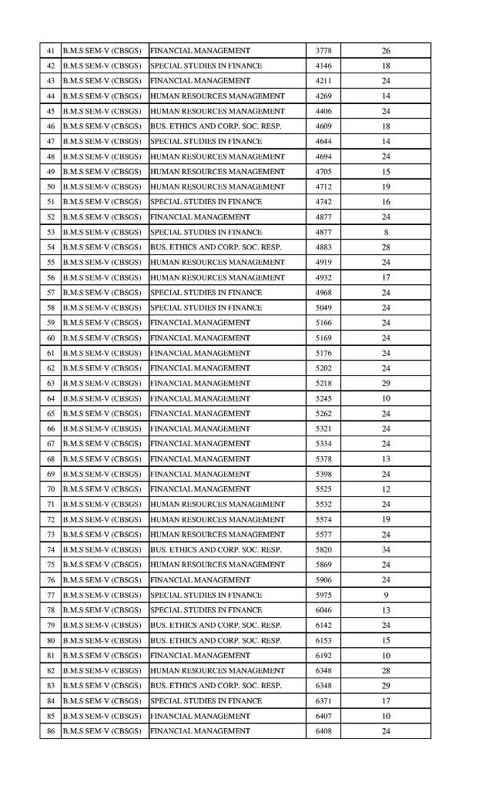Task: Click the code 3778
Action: click(323, 51)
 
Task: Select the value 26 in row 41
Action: click(386, 51)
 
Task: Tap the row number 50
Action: click(51, 186)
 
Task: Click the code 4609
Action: click(323, 126)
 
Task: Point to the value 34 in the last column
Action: click(386, 549)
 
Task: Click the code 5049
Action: click(323, 307)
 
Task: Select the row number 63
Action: click(51, 383)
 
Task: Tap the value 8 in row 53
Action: click(386, 232)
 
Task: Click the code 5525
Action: click(323, 489)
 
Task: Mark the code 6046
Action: click(323, 610)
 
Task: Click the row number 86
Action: click(51, 730)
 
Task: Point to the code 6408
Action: click(323, 730)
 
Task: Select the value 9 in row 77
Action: click(386, 595)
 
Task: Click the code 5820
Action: click(323, 549)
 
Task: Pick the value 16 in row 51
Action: click(386, 202)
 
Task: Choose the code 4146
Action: click(323, 66)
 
